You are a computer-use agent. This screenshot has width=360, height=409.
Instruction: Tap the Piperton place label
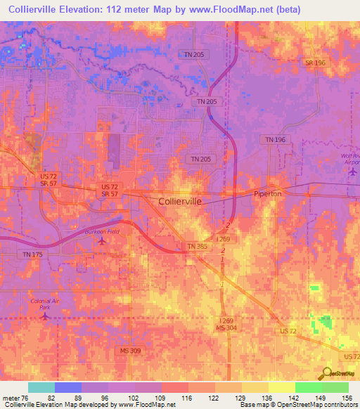pos(267,193)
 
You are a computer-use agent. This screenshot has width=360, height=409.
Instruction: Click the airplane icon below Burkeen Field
pos(103,241)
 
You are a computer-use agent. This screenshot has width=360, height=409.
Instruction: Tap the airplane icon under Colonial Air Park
pos(45,316)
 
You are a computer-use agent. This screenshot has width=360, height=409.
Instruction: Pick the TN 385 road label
pos(197,246)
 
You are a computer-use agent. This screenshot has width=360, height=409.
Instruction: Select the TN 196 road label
pos(276,140)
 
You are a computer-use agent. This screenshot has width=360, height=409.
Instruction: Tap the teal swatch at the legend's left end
pos(41,387)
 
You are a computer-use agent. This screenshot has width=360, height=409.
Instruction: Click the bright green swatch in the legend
pos(308,387)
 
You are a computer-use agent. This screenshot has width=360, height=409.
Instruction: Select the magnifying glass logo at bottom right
pos(326,374)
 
